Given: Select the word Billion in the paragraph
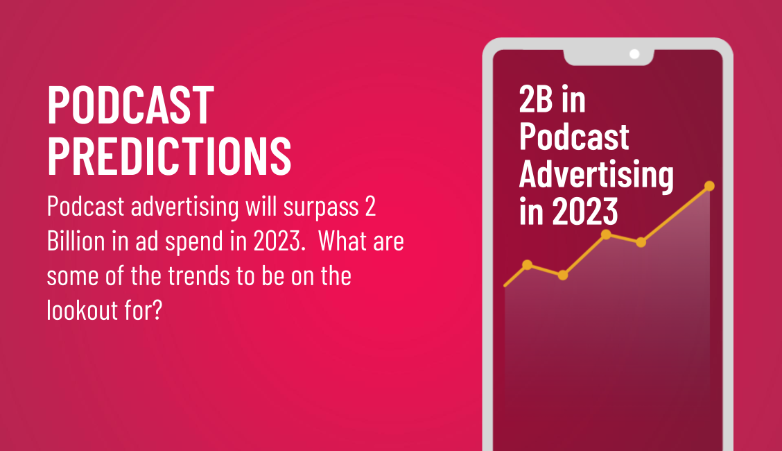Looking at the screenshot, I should click(x=76, y=242).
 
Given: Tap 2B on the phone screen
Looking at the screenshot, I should click(x=536, y=101).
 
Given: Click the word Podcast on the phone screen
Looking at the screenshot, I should click(x=574, y=137).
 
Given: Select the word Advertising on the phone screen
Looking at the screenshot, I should click(x=596, y=174).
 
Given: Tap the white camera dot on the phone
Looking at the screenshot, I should click(x=634, y=54).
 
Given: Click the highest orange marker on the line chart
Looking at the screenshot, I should click(x=709, y=186).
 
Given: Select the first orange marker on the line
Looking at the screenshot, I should click(x=528, y=264).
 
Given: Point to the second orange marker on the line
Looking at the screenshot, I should click(x=563, y=275).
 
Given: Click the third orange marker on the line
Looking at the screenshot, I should click(x=606, y=235).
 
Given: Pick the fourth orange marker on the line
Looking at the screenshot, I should click(x=641, y=242).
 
